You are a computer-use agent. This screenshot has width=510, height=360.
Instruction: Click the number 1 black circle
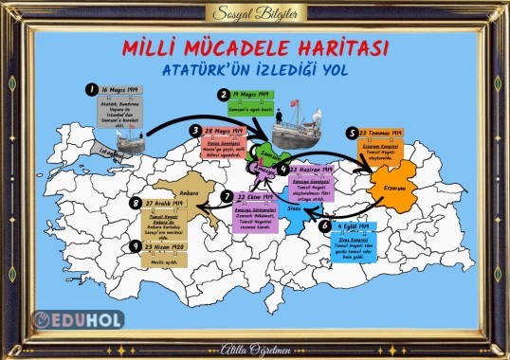point(92,88)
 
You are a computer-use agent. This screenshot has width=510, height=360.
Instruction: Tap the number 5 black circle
point(352,134)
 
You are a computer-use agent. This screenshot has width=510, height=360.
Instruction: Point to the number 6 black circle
point(324,226)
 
